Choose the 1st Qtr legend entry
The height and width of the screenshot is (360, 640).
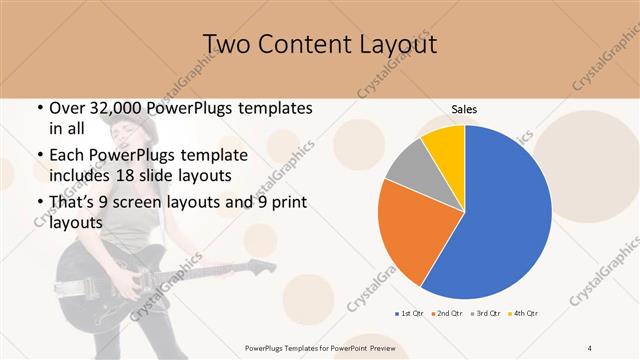pos(408,314)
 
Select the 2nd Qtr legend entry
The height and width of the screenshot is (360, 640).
pos(447,314)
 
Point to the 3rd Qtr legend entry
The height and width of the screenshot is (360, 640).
pos(486,314)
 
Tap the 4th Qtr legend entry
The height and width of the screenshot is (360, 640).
pos(525,314)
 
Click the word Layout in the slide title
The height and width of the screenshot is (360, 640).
pos(387,45)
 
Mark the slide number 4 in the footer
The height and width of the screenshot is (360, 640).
pos(590,347)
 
